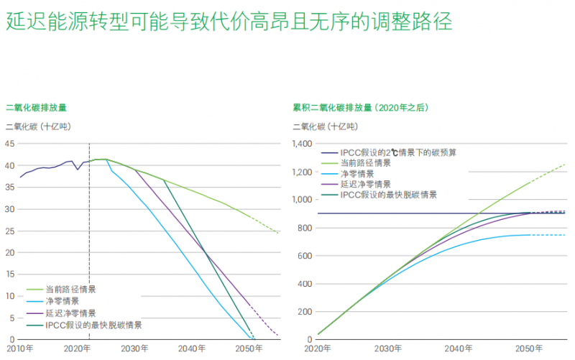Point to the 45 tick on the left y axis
point(10,143)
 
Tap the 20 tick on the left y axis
point(10,252)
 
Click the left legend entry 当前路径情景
point(70,289)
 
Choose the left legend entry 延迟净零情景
point(70,313)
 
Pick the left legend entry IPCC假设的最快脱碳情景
point(93,325)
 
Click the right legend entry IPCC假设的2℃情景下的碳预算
point(398,152)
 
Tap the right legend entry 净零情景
point(357,173)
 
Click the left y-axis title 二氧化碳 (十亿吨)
point(36,126)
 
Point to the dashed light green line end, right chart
point(564,165)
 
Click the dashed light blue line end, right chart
point(564,235)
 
